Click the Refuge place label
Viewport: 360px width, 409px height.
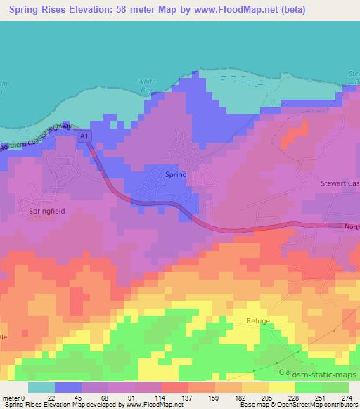pos(258,320)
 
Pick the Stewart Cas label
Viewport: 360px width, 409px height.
pos(340,181)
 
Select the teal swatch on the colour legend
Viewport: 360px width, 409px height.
pos(41,387)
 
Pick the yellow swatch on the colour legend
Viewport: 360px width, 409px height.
pos(281,387)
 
